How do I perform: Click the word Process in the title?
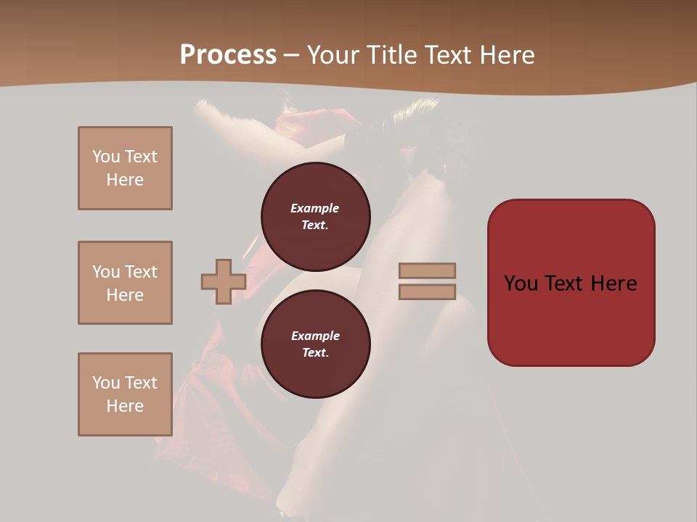[x=228, y=55]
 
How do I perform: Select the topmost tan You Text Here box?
[x=125, y=168]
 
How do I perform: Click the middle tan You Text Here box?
[x=125, y=283]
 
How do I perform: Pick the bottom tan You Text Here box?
[x=125, y=394]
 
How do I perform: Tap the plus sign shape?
[x=224, y=281]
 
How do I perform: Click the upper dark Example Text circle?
[x=315, y=216]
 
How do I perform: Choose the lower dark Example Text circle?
[x=315, y=344]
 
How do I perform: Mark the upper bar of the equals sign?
[x=427, y=271]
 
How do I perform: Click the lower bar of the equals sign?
[x=427, y=292]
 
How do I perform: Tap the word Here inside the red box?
[x=614, y=283]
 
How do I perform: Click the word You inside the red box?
[x=522, y=283]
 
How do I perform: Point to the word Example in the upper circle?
[x=315, y=208]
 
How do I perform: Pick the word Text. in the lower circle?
[x=315, y=352]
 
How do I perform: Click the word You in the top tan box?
[x=105, y=157]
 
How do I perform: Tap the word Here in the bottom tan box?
[x=125, y=406]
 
